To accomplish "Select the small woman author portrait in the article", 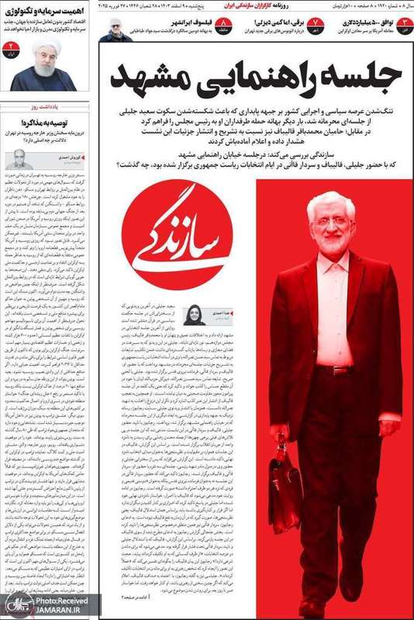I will [x=193, y=315].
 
